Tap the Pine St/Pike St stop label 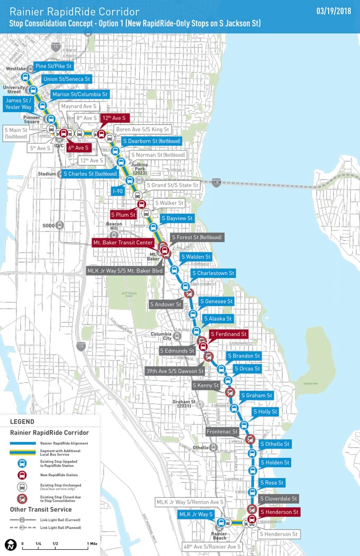coord(53,66)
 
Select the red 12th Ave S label coord(115,118)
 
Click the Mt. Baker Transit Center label coord(124,243)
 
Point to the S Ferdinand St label coord(228,334)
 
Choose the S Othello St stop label coord(274,444)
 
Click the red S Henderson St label coord(279,512)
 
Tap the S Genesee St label coord(216,301)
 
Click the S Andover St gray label coord(165,304)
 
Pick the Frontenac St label coord(223,432)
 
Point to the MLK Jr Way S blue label coord(196,514)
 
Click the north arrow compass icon coord(11,544)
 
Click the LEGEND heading coord(22,422)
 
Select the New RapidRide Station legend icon coord(22,475)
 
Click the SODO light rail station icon coord(60,225)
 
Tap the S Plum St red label coord(123,215)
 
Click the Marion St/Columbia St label coord(80,95)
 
